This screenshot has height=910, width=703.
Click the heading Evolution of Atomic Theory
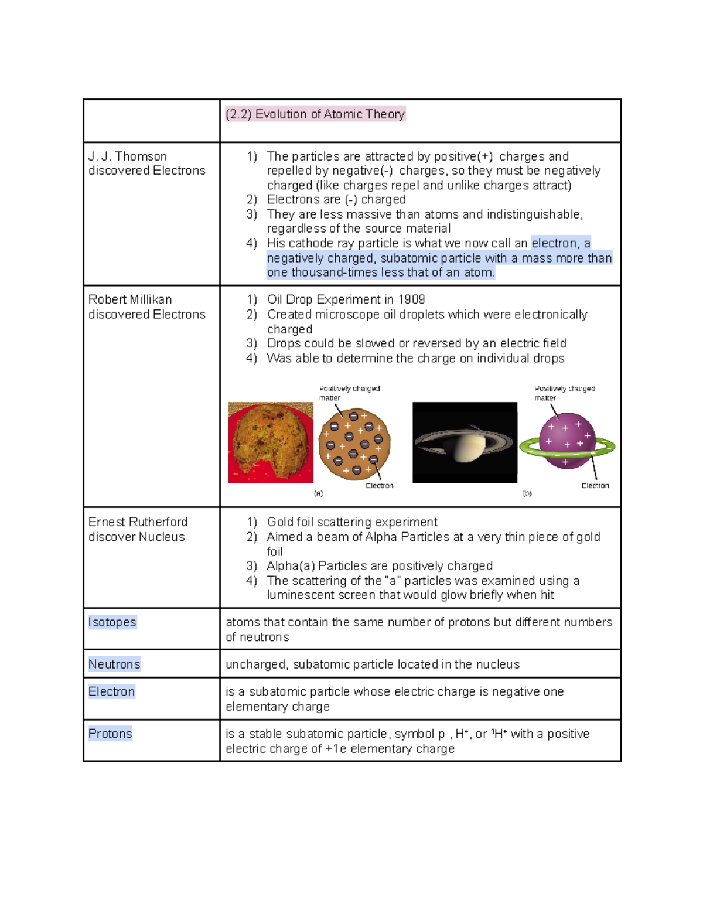point(315,114)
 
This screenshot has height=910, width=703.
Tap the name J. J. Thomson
point(128,156)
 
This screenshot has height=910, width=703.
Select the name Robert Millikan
point(129,299)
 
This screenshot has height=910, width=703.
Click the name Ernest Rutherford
point(138,522)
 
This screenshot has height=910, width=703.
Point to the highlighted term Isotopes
point(112,622)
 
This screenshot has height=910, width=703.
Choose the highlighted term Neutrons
point(114,664)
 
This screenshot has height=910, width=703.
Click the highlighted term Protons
point(110,734)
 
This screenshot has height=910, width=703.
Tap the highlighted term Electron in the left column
point(111,692)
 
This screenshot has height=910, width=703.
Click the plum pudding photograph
point(270,442)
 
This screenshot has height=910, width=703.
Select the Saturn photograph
point(465,442)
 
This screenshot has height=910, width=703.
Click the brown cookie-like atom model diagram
point(354,443)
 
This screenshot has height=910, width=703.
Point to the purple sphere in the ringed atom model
point(567,439)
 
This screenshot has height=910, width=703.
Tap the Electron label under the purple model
point(595,486)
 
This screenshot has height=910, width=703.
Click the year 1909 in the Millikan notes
point(411,299)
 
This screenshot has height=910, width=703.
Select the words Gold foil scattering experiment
point(351,522)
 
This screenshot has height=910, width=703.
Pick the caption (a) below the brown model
point(318,494)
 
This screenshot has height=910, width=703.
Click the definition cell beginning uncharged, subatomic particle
point(373,664)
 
